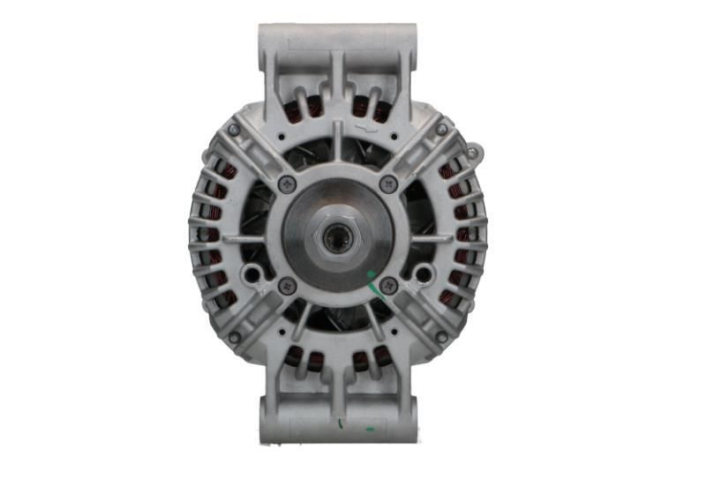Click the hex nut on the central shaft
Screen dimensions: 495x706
coord(337,237)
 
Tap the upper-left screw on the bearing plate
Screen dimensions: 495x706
coord(286,184)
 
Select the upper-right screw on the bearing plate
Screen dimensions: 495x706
coord(389,184)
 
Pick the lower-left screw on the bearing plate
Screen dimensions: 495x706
coord(286,287)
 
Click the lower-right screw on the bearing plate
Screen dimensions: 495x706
coord(389,287)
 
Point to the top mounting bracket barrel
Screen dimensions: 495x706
coord(336,39)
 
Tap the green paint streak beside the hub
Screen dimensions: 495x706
coord(375,284)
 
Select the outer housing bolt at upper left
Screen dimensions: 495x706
coord(234,130)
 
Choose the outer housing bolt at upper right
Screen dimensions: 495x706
coord(441,130)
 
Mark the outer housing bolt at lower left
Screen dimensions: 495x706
coord(235,337)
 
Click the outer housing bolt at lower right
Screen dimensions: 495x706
coord(441,337)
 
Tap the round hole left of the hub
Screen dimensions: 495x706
coord(252,275)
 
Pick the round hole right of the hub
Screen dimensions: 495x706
coord(422,275)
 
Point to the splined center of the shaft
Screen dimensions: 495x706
coord(337,238)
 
